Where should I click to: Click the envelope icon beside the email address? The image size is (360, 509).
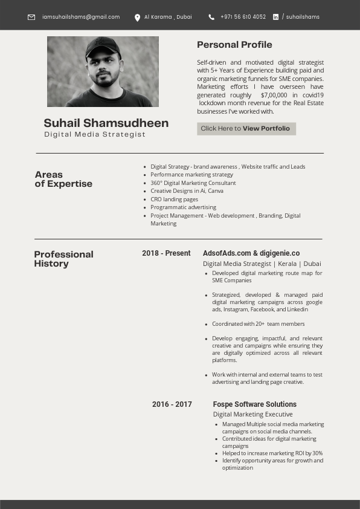(x=31, y=17)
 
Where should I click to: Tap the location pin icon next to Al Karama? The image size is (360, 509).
(x=137, y=18)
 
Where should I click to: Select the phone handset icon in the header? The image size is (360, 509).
(x=211, y=17)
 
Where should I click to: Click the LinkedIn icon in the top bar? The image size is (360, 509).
(x=276, y=17)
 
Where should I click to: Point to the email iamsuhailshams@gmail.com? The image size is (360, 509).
(x=81, y=17)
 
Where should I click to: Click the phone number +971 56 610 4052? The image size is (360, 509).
(x=243, y=17)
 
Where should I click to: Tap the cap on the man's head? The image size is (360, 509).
(x=103, y=45)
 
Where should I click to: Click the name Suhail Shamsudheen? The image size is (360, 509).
(x=106, y=123)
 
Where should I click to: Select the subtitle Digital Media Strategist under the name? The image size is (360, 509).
(x=95, y=134)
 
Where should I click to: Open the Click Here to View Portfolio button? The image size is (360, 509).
(x=246, y=128)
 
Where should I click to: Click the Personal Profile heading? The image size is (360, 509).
(x=234, y=44)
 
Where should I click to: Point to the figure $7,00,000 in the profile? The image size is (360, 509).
(x=274, y=95)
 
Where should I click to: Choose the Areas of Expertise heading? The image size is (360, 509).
(x=63, y=179)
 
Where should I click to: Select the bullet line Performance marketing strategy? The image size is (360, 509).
(x=191, y=175)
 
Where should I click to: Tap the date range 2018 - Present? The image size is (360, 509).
(x=166, y=253)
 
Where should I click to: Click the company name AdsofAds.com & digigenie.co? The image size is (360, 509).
(x=251, y=253)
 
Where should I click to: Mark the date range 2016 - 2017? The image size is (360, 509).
(x=172, y=404)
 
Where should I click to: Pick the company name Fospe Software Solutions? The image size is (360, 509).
(x=255, y=404)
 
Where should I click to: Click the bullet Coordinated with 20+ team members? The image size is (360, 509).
(x=258, y=324)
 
